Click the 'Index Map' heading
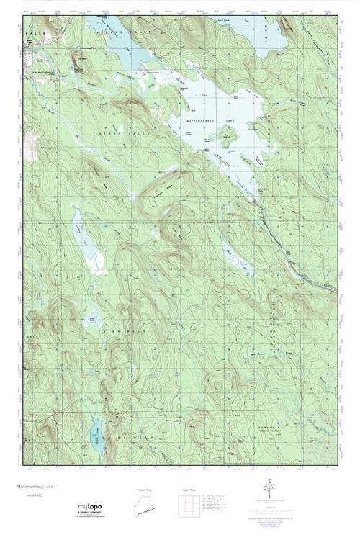coord(186,490)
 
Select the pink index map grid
coord(186,507)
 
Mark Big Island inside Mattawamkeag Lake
coord(230,135)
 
